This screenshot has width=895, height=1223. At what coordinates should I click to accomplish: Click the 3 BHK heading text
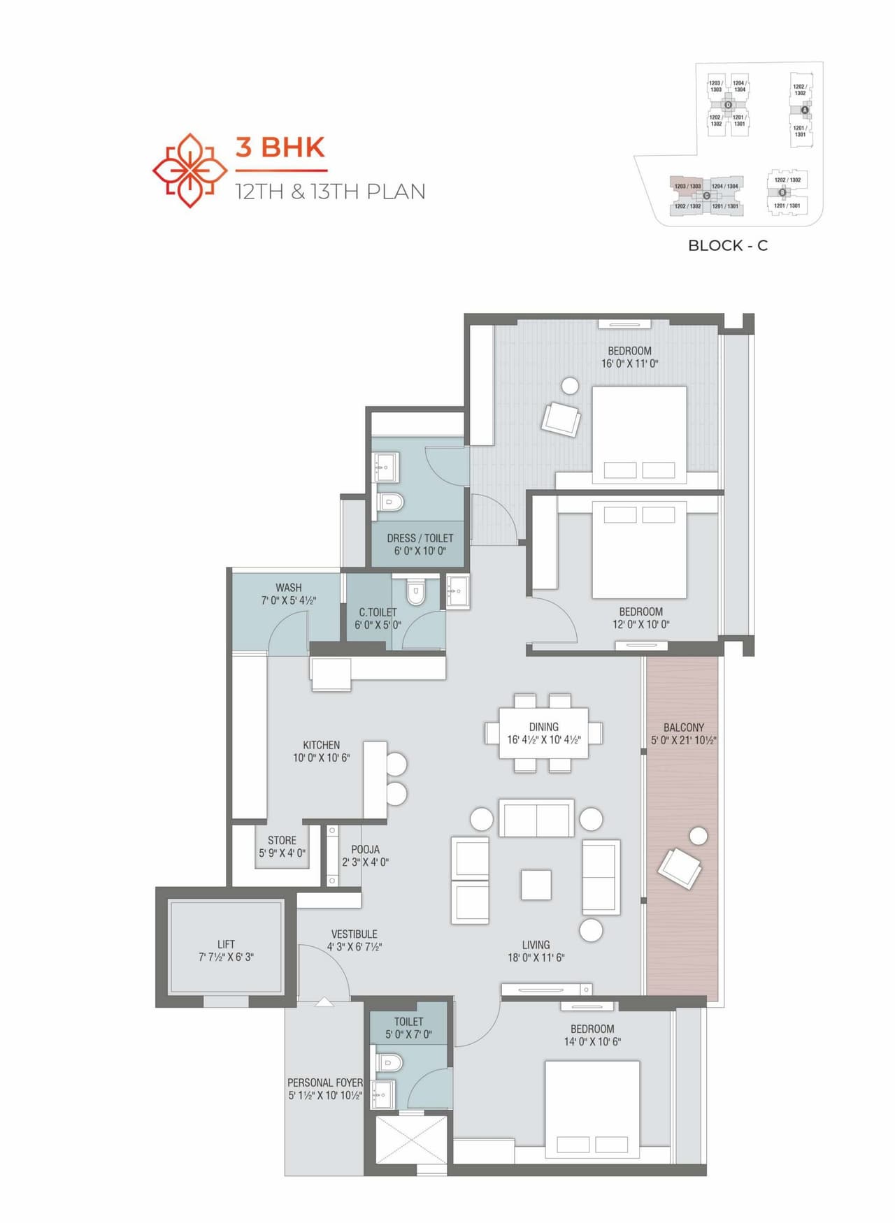(x=280, y=147)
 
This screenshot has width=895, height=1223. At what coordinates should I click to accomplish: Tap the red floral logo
(x=190, y=171)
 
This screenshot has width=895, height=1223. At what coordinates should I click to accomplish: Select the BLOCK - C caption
(x=727, y=245)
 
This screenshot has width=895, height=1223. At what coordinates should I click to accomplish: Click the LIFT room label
(x=226, y=944)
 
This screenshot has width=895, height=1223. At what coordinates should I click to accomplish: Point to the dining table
(x=543, y=732)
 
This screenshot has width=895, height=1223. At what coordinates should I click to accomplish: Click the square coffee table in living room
(x=536, y=885)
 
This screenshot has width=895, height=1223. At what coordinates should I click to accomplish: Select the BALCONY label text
(x=683, y=728)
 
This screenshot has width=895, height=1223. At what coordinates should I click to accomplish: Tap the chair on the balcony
(x=679, y=867)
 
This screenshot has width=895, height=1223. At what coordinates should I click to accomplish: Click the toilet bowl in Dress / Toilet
(x=391, y=502)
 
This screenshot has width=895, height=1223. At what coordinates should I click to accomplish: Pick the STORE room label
(x=282, y=840)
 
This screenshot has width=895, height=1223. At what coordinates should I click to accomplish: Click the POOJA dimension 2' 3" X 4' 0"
(x=365, y=862)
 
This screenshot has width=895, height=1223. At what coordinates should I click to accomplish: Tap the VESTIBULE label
(x=354, y=934)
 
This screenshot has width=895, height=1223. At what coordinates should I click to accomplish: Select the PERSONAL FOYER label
(x=324, y=1083)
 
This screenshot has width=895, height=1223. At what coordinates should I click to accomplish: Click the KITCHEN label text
(x=321, y=745)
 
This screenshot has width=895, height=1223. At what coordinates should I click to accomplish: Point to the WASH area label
(x=288, y=588)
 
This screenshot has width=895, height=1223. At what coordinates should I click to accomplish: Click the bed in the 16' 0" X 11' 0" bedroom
(x=638, y=433)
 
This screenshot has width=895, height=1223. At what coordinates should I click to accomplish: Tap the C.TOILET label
(x=378, y=612)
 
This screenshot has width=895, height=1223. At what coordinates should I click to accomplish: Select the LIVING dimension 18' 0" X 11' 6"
(x=536, y=957)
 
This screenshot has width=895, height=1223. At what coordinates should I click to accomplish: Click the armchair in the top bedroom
(x=561, y=419)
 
